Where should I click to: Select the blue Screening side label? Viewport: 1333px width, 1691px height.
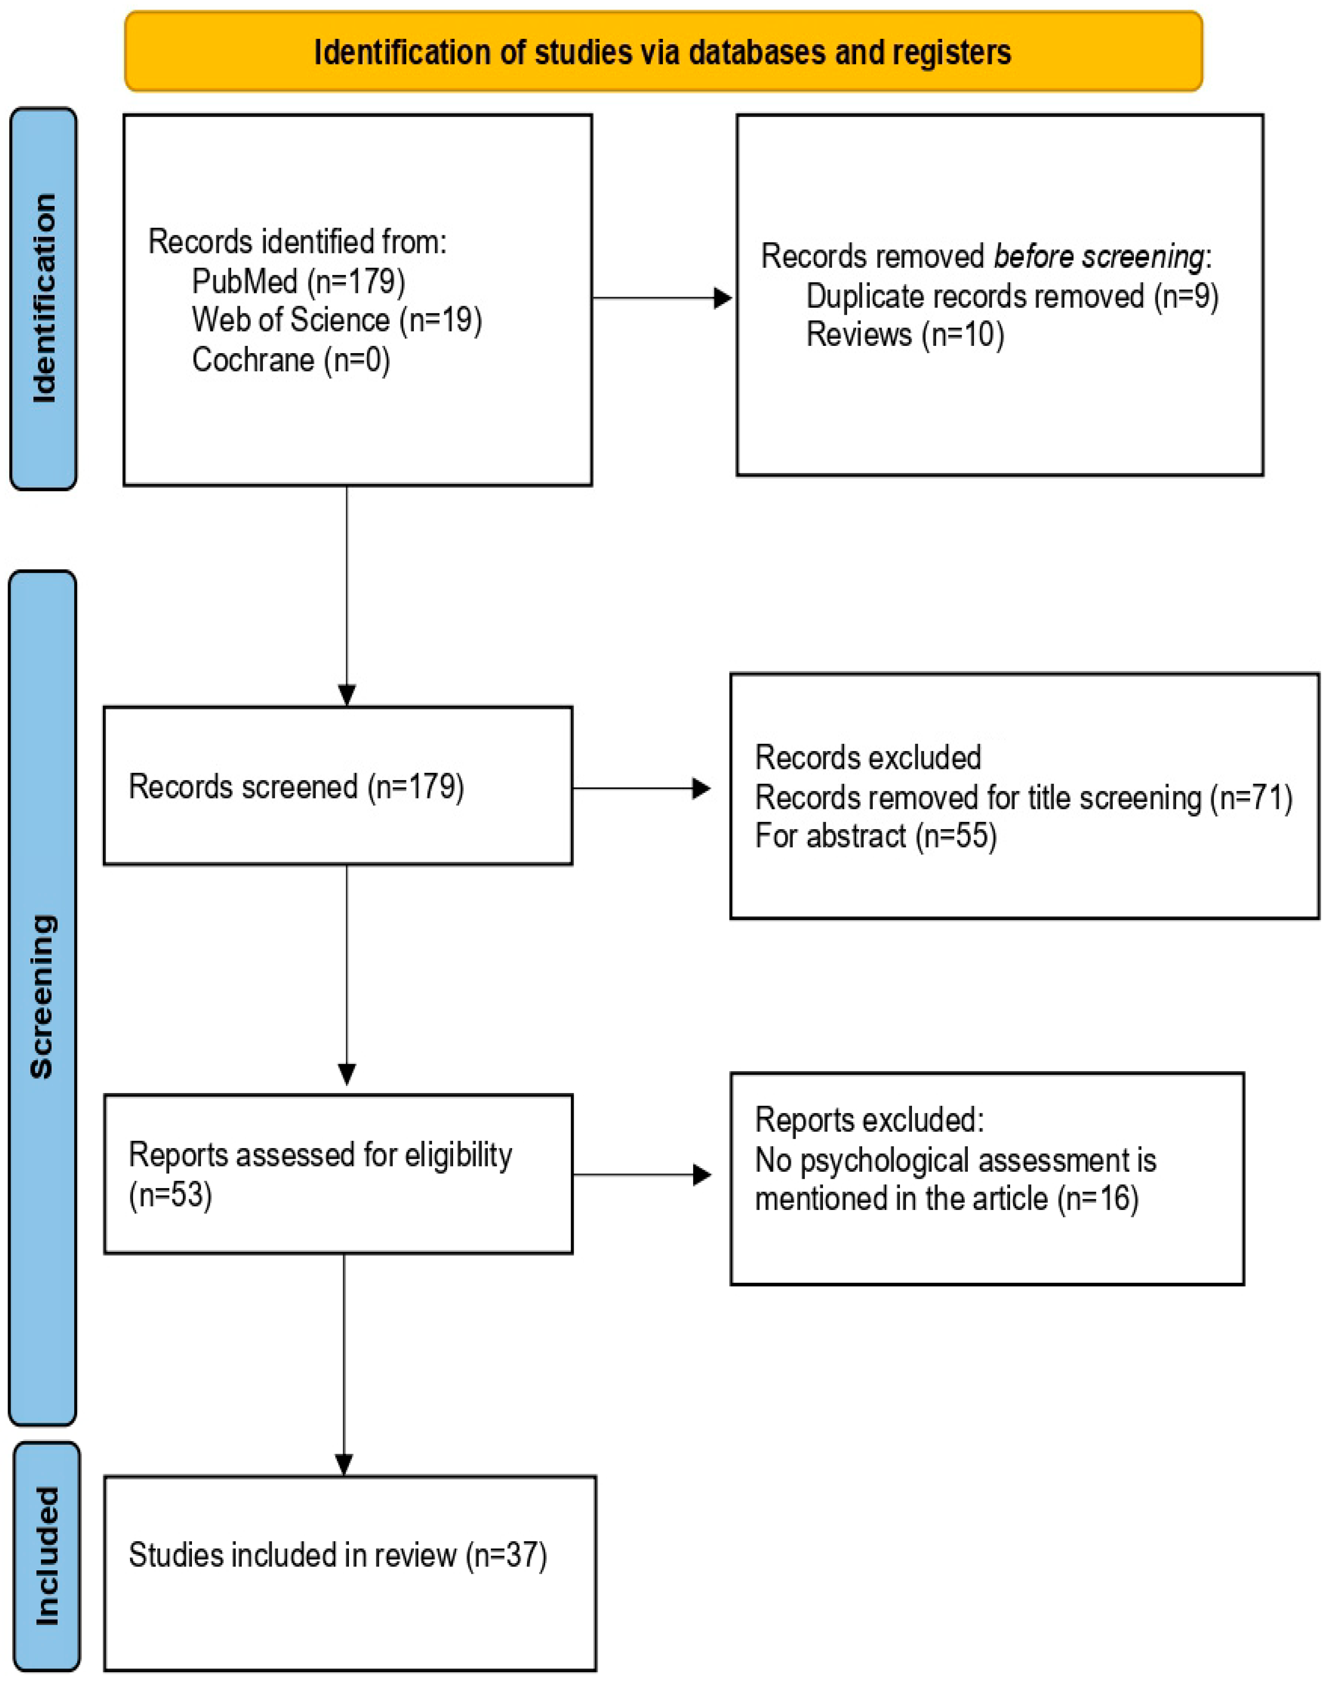(x=42, y=997)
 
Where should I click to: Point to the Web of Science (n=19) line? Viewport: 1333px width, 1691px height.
(x=337, y=320)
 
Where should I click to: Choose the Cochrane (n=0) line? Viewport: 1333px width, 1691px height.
(x=290, y=360)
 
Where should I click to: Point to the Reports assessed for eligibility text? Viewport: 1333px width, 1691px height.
(x=320, y=1155)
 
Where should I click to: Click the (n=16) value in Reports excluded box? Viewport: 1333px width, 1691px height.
(x=1097, y=1198)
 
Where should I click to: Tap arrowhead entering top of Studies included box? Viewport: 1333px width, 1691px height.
(x=344, y=1464)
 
